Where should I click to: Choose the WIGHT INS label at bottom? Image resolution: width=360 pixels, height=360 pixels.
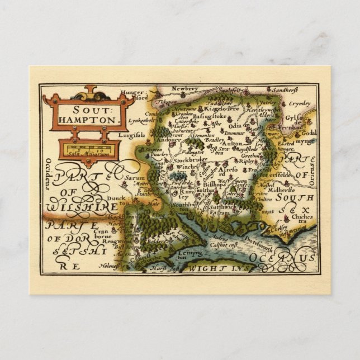218,269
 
